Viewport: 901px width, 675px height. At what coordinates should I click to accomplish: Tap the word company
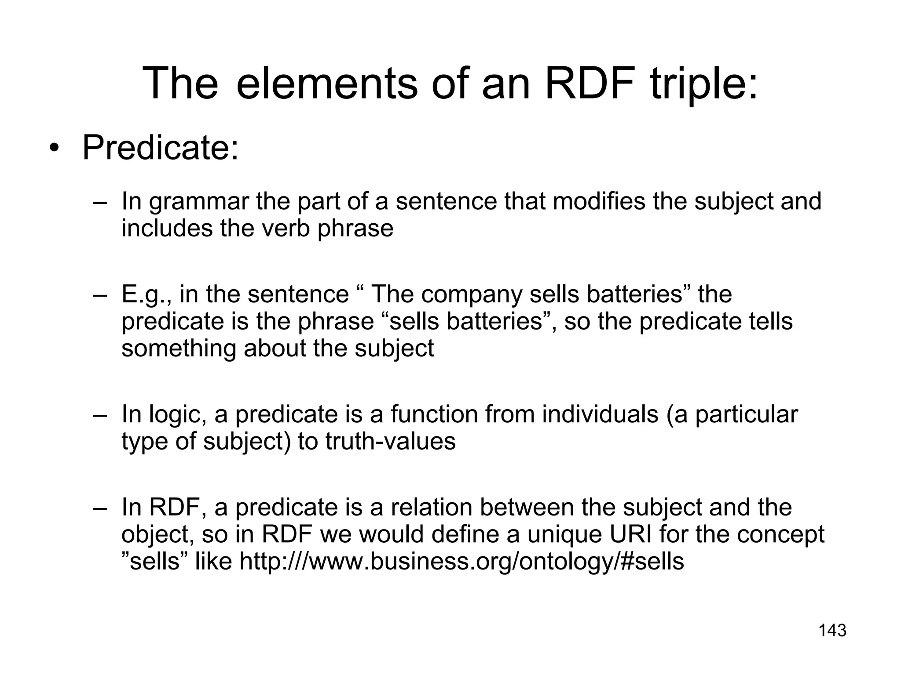coord(471,294)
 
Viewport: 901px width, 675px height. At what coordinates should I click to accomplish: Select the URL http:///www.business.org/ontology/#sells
coord(461,561)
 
